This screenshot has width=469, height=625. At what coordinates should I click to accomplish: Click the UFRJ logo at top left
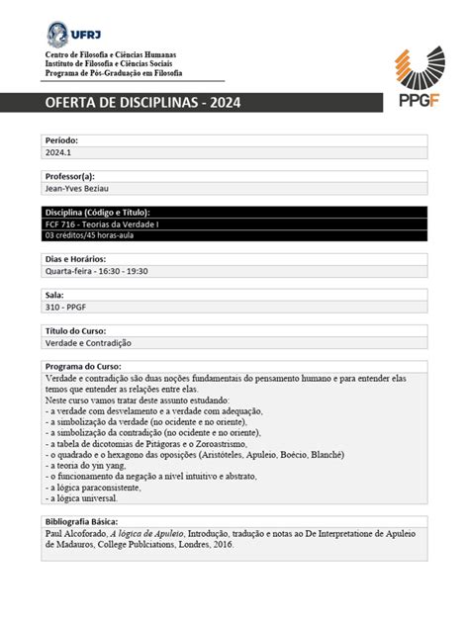[x=72, y=33]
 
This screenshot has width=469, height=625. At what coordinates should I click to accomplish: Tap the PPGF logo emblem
[x=414, y=65]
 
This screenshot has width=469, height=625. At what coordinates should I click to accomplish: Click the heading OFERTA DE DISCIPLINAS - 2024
[x=142, y=103]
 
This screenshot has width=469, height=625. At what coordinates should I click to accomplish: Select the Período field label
[x=61, y=140]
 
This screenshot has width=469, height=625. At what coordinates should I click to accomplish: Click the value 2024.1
[x=58, y=152]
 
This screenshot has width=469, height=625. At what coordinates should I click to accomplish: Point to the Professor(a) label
[x=70, y=176]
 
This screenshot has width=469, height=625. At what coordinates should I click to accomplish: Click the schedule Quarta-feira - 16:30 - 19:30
[x=96, y=271]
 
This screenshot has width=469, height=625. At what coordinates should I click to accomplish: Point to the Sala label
[x=54, y=295]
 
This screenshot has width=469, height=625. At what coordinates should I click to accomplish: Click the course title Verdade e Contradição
[x=88, y=342]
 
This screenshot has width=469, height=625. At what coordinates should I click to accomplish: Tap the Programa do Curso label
[x=82, y=366]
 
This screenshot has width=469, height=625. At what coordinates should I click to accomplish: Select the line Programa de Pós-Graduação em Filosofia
[x=122, y=73]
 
